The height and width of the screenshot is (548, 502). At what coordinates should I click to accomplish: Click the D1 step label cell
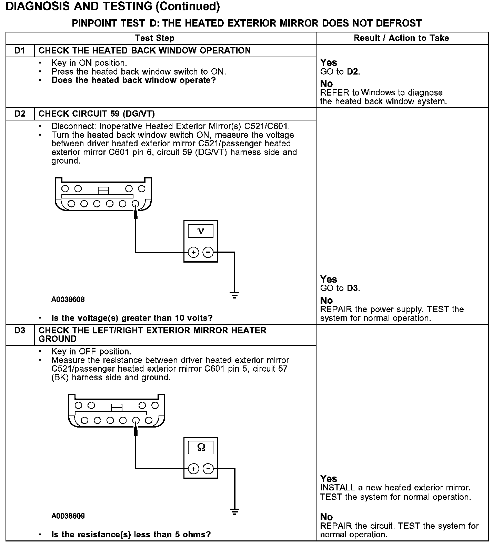click(20, 51)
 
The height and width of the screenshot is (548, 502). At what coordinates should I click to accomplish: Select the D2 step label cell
click(20, 114)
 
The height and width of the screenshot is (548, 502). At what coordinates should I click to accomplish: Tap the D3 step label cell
click(20, 331)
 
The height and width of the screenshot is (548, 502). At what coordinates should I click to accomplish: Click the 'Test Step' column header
click(154, 38)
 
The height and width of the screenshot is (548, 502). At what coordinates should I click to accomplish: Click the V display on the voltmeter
click(201, 231)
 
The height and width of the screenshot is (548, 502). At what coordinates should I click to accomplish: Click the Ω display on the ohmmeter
click(201, 448)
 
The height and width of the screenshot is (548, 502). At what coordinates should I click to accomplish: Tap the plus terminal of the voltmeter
click(194, 253)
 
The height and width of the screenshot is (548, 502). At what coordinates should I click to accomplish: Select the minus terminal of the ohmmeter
click(208, 469)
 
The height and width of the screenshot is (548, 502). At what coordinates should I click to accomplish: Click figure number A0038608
click(68, 299)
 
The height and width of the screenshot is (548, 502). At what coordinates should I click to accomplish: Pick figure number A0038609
click(68, 516)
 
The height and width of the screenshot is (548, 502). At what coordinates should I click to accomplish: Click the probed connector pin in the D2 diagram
click(135, 204)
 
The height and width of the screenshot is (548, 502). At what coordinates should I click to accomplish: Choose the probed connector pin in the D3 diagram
click(136, 420)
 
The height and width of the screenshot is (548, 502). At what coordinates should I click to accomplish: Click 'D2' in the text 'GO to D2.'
click(353, 72)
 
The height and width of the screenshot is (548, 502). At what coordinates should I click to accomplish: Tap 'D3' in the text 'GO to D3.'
click(353, 288)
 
